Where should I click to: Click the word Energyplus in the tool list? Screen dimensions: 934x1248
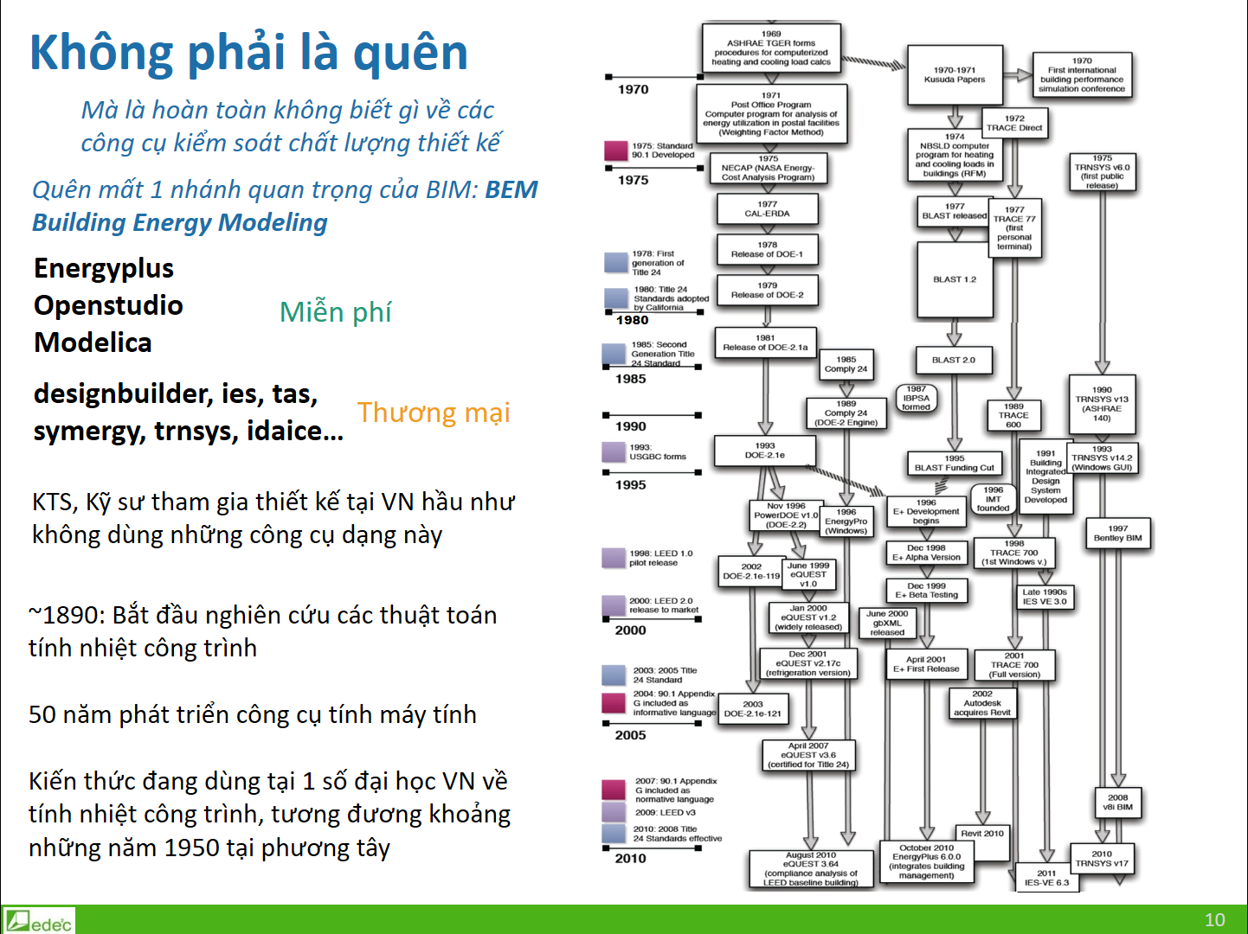tap(104, 269)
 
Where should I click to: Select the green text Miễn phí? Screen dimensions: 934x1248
tap(335, 311)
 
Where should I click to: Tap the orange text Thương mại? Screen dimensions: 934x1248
tap(434, 413)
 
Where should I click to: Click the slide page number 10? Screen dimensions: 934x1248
tap(1214, 919)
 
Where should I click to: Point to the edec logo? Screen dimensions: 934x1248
tap(39, 921)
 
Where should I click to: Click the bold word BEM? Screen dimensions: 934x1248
tap(511, 189)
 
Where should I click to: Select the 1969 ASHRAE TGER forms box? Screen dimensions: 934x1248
tap(770, 48)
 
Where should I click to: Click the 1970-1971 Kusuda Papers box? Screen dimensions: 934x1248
tap(954, 74)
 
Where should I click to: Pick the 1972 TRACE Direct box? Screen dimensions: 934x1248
tap(1014, 123)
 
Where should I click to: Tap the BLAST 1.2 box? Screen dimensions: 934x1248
tap(954, 279)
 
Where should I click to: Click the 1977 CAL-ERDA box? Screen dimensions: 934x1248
tap(767, 209)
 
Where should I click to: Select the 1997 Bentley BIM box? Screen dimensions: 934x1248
tap(1117, 534)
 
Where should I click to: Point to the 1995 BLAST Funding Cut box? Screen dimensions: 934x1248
tap(954, 464)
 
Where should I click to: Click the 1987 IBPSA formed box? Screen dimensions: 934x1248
tap(916, 398)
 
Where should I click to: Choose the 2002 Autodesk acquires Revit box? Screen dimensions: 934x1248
tap(981, 703)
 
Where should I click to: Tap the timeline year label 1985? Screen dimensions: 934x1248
tap(631, 379)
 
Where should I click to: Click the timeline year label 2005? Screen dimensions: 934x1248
tap(631, 735)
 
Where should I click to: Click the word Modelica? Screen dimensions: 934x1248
tap(93, 342)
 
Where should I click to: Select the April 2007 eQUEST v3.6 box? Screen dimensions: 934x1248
tap(807, 755)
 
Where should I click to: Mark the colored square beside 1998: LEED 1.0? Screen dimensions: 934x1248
tap(614, 558)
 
